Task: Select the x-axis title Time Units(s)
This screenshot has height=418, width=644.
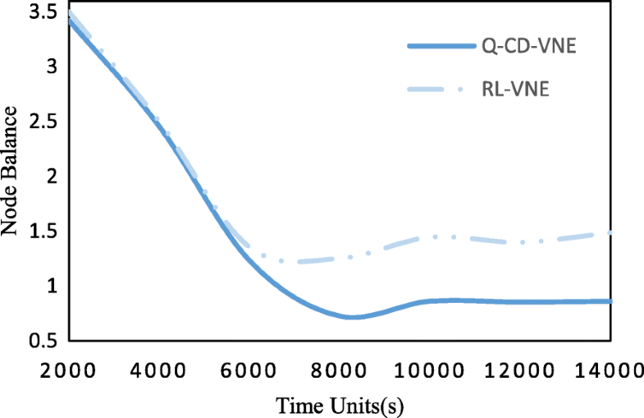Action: [340, 405]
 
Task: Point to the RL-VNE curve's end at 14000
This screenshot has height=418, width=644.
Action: [610, 233]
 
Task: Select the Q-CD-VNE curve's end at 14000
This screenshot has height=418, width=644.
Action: [610, 301]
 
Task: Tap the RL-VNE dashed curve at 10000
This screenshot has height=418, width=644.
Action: [432, 237]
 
